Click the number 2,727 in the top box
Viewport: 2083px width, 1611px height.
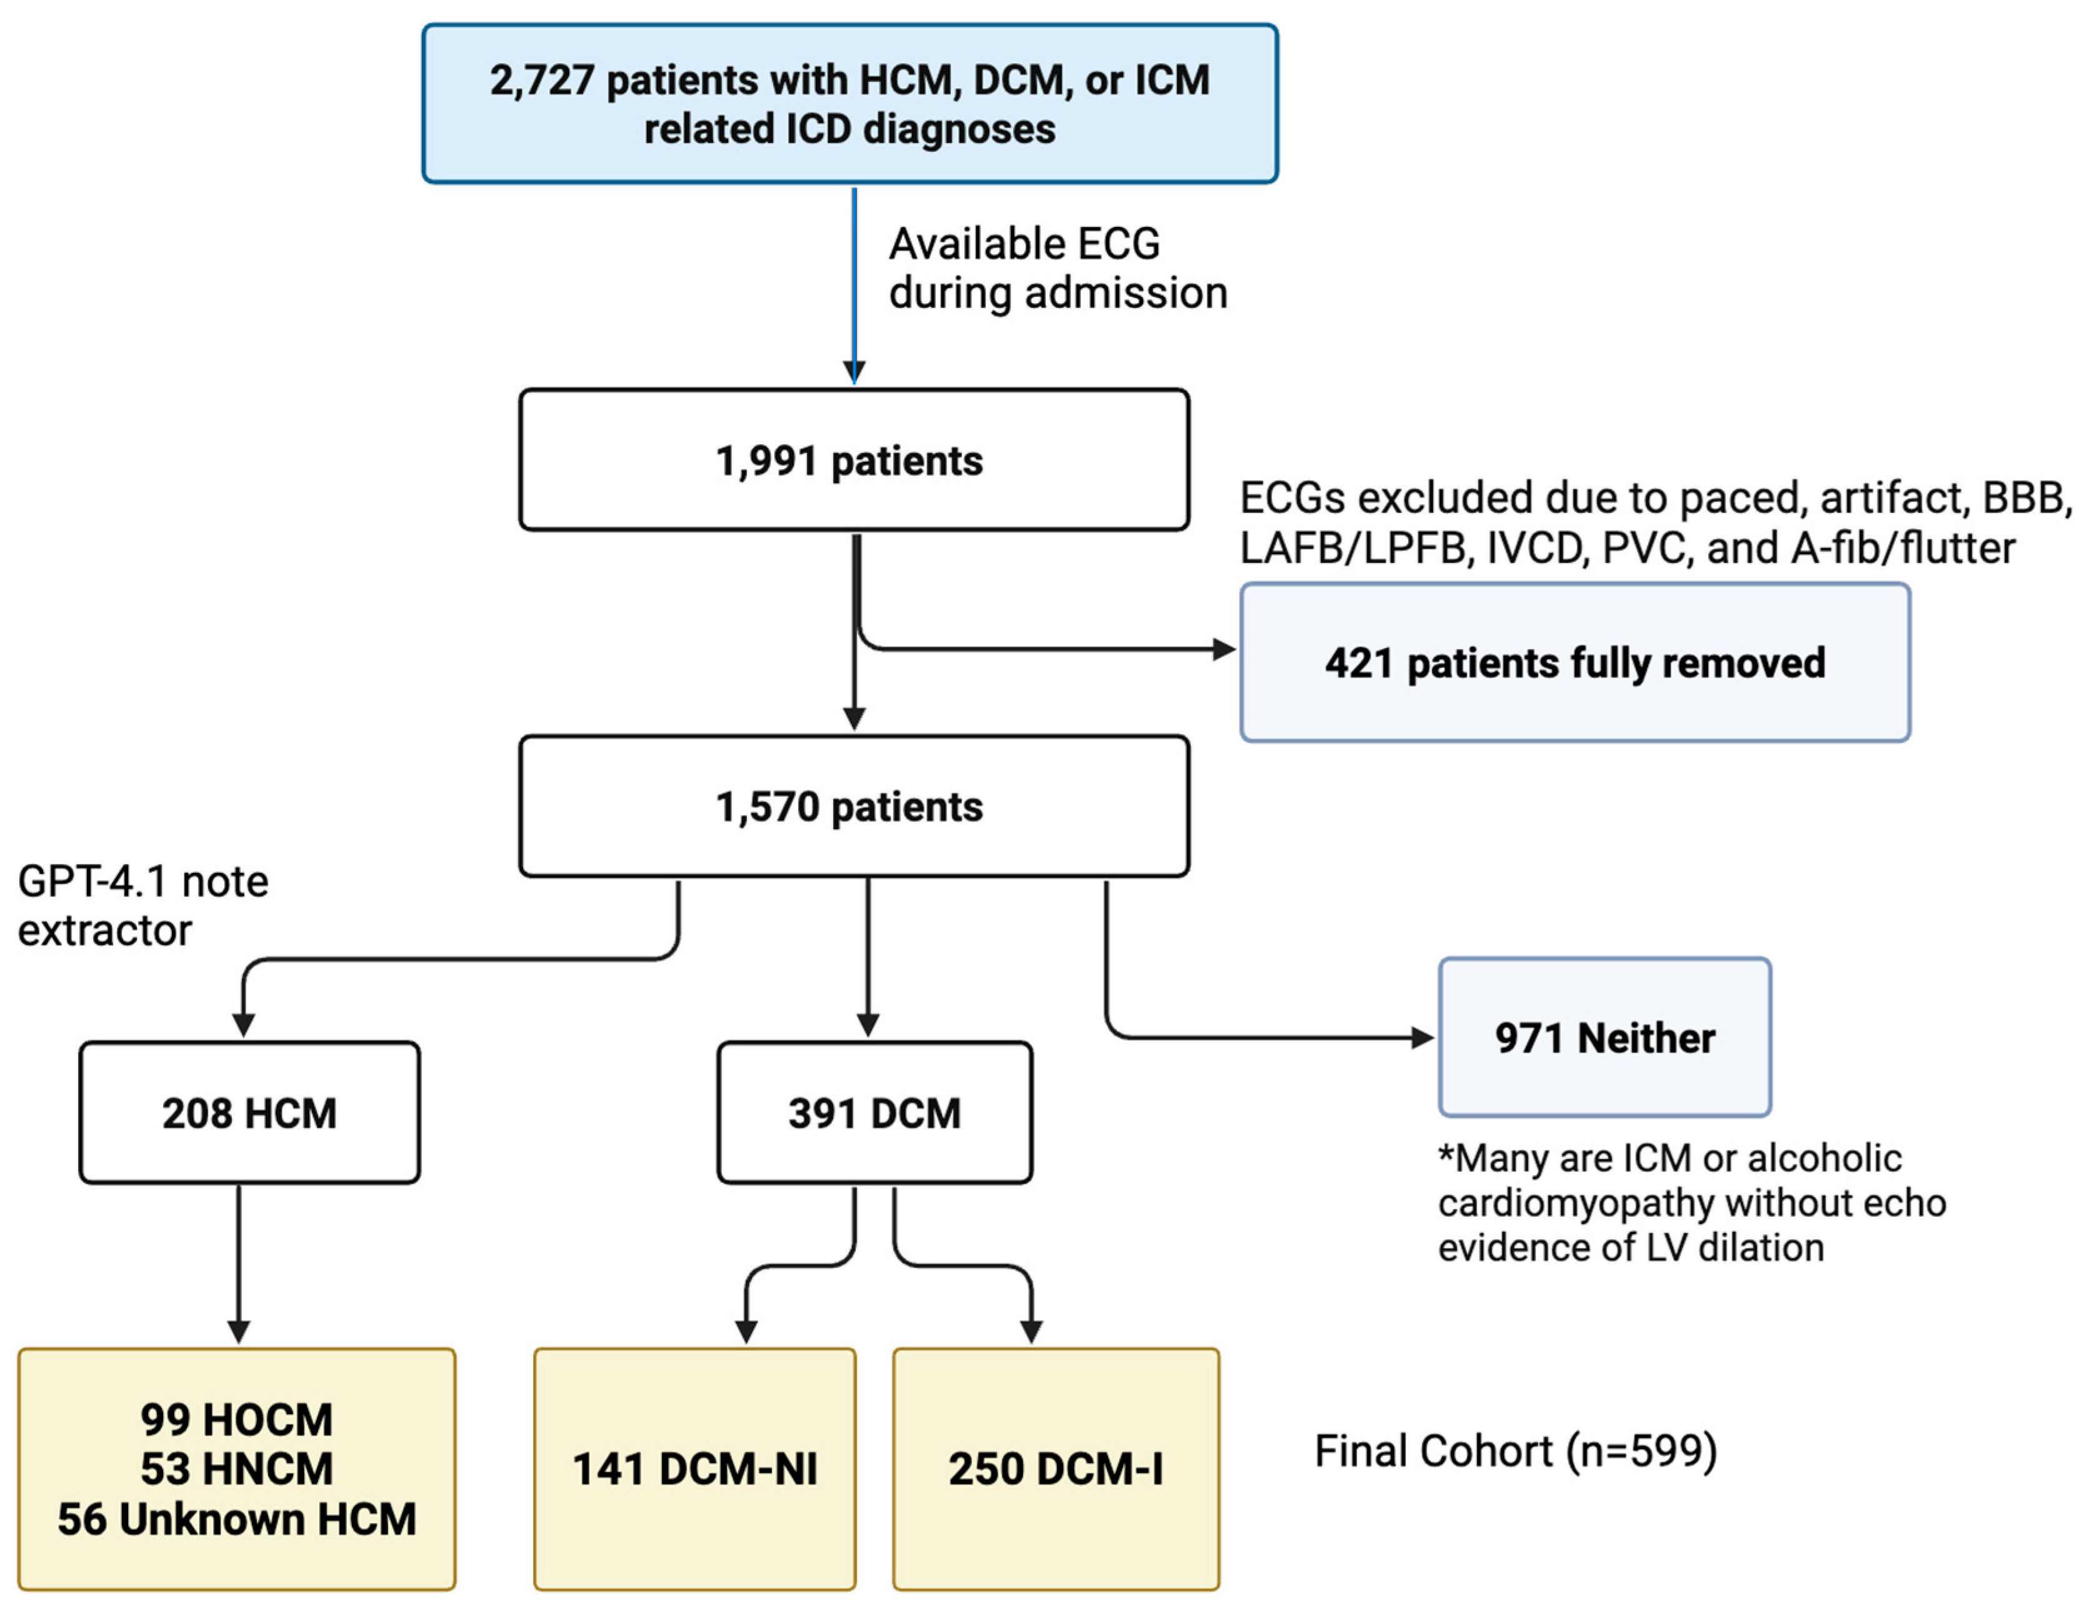(542, 80)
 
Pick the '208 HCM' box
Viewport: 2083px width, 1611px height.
(249, 1112)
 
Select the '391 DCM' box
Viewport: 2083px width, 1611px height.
(874, 1112)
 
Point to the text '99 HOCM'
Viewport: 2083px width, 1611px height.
(236, 1419)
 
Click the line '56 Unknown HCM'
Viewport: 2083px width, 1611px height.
(236, 1519)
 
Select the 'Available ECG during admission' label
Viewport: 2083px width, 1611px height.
(1057, 268)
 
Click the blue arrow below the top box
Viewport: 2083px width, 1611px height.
(854, 286)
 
